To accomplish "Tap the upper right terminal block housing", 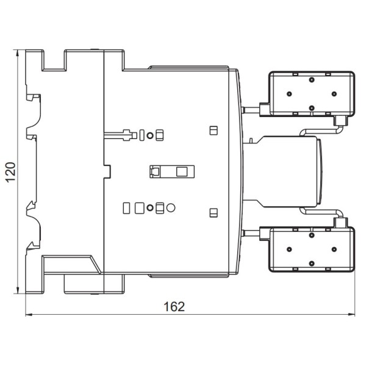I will click(311, 93).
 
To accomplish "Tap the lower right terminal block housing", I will click(311, 249).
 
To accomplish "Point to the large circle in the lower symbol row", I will click(171, 208).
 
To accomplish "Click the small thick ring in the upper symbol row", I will click(151, 135).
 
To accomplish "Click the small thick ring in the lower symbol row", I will click(151, 208).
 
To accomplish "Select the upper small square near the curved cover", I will click(213, 131).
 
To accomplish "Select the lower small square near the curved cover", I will click(213, 212).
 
